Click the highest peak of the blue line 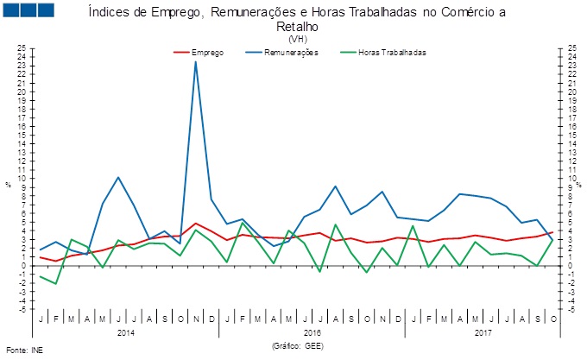196,61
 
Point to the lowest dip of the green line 56,283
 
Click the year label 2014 126,332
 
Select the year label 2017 484,332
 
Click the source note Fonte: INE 24,352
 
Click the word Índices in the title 108,13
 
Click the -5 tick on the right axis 571,309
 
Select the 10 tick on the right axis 572,179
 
